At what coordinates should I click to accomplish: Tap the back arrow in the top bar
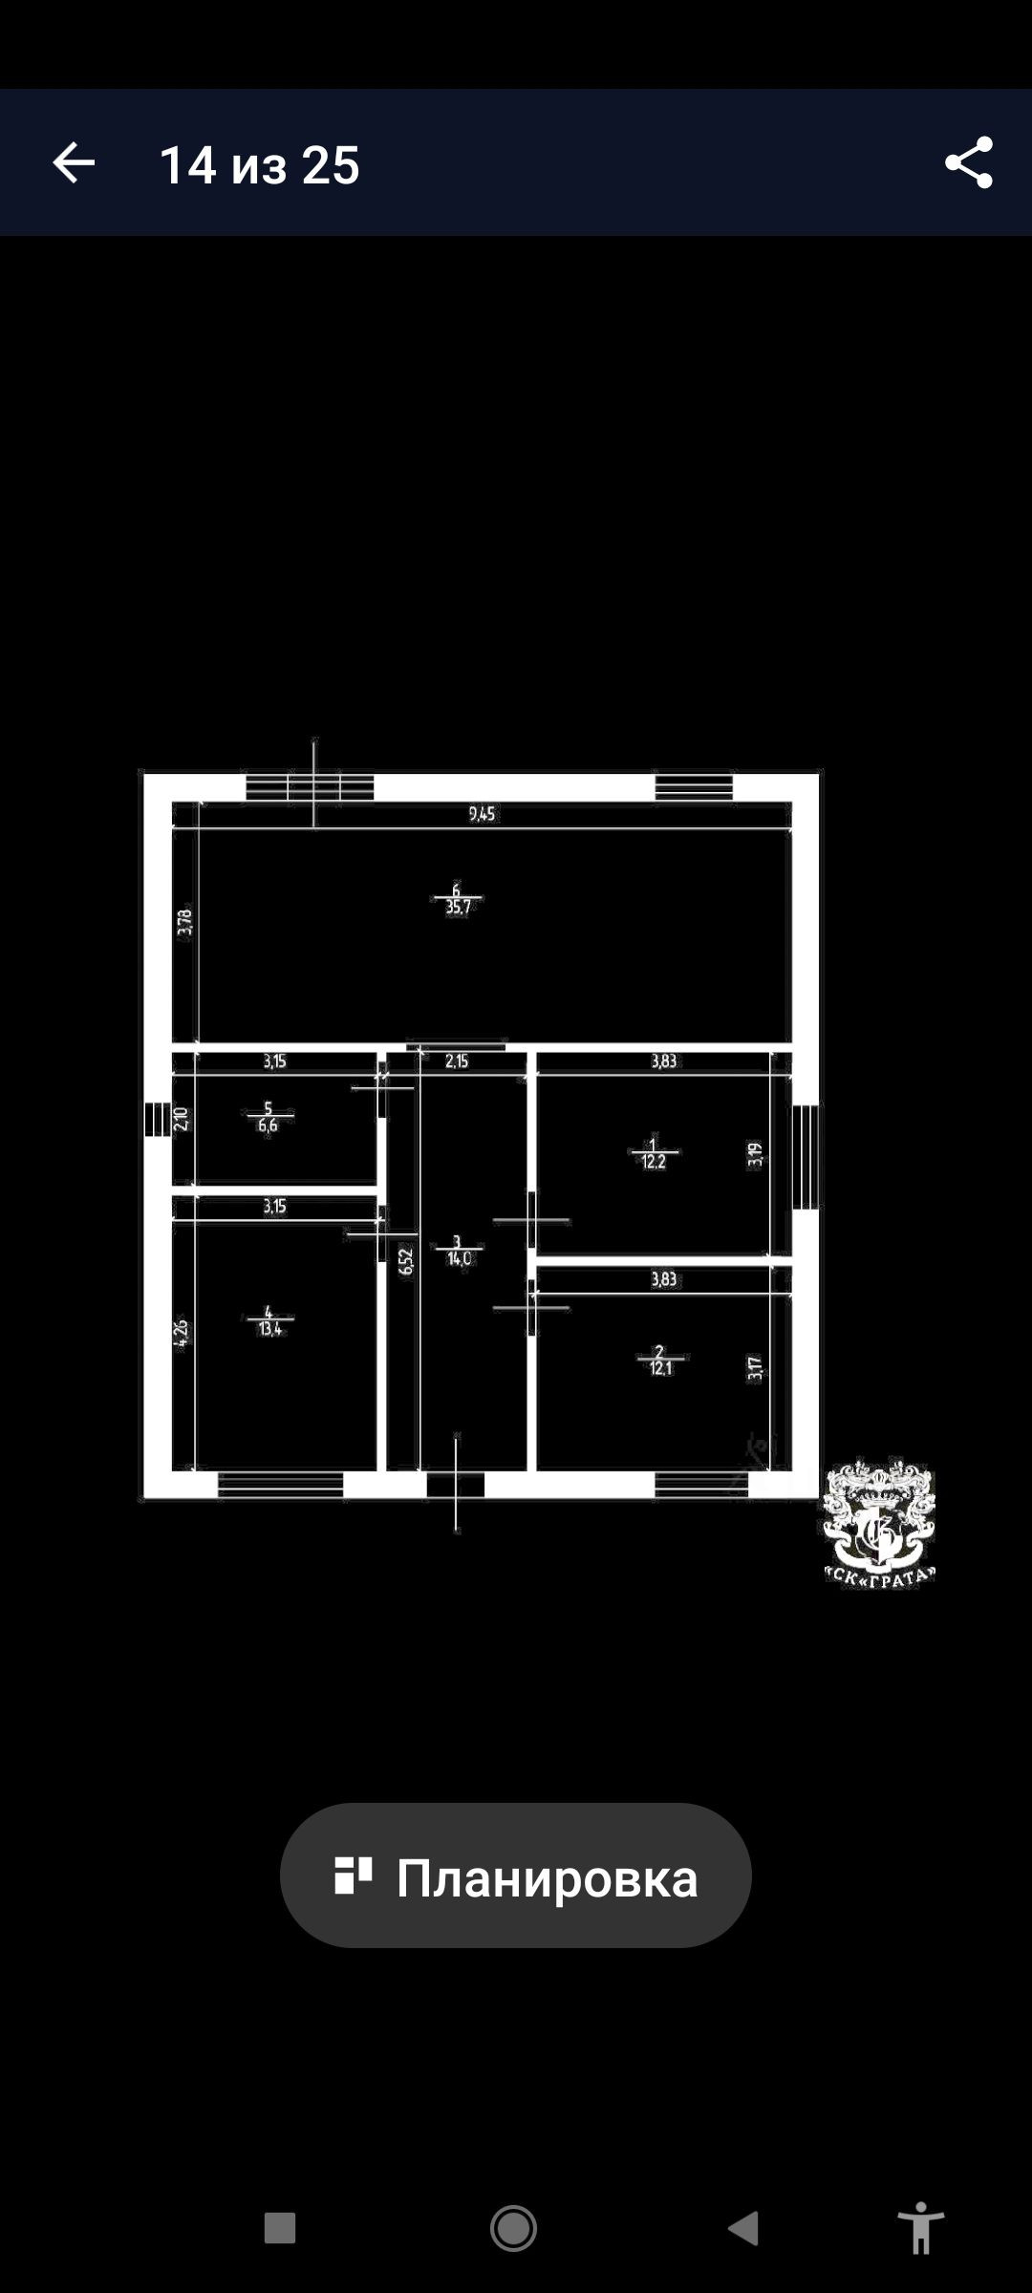(x=74, y=163)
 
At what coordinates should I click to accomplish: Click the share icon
(x=968, y=163)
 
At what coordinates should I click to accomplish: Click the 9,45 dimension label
(x=482, y=814)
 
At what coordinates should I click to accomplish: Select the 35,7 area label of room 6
(x=459, y=908)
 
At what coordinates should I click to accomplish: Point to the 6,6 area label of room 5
(x=268, y=1125)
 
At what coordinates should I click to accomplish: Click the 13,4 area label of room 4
(x=270, y=1329)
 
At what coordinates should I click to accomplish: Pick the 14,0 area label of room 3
(x=459, y=1259)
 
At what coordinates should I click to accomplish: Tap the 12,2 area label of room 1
(x=654, y=1163)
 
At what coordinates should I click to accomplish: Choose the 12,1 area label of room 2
(x=660, y=1368)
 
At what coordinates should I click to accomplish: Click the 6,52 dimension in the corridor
(x=406, y=1261)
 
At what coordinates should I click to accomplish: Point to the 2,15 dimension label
(x=457, y=1061)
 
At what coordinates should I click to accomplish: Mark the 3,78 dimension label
(x=184, y=922)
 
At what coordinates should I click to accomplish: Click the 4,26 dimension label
(x=182, y=1333)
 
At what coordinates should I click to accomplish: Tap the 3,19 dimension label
(x=756, y=1155)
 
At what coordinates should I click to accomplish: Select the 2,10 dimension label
(x=182, y=1118)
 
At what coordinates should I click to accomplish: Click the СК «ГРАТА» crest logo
(x=879, y=1522)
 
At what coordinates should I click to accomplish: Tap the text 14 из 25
(x=259, y=165)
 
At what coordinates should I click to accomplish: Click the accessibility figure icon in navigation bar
(x=920, y=2228)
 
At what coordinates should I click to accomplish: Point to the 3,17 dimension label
(x=756, y=1368)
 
